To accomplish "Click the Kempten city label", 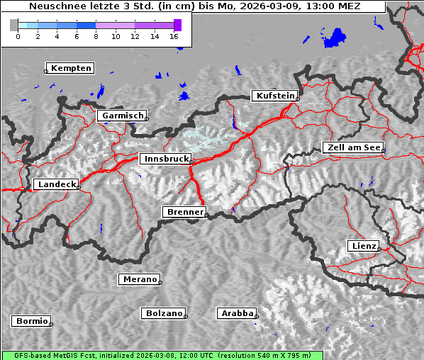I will point(71,68).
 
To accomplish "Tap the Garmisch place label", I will point(123,116).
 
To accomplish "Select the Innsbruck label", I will point(165,159).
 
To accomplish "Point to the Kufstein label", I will point(274,96).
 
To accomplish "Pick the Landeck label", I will point(56,184).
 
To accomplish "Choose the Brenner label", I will point(185,212).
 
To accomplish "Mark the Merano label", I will point(139,279).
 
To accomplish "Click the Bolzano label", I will point(164,313).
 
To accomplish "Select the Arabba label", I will point(237,313).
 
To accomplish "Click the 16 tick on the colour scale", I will point(174,36).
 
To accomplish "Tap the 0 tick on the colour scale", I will point(18,36).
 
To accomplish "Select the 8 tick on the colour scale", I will point(96,36).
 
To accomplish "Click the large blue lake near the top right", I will point(335,38).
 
